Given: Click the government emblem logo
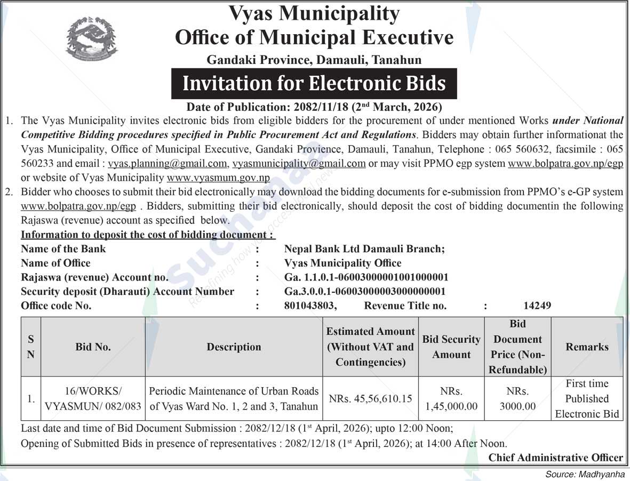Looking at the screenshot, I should tap(91, 39).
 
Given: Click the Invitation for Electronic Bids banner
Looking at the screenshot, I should tap(314, 84).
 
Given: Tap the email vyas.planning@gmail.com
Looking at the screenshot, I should tap(168, 164).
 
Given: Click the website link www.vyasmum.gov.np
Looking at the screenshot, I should tap(218, 178).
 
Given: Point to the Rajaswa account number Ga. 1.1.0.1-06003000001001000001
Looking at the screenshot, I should tap(366, 277).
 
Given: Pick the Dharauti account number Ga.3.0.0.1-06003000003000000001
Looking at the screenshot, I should tap(365, 291).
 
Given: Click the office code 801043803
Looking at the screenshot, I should tap(310, 306).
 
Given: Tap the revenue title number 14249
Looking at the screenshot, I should tap(537, 306).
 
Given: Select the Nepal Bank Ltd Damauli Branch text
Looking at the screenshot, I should tap(364, 248).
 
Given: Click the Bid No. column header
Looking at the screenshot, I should tap(93, 347).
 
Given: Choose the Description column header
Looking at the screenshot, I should tap(234, 347).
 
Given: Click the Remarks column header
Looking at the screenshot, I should tap(587, 347).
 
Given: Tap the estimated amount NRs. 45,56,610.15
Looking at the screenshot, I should tap(370, 399).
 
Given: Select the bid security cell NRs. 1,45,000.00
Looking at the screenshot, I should tap(451, 399).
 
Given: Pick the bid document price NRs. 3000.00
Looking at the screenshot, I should tap(517, 399).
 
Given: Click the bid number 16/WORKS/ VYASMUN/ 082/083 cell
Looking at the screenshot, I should tap(93, 399).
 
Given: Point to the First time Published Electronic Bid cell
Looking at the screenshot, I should tap(587, 399).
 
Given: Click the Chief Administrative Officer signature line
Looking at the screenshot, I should tap(555, 458).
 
